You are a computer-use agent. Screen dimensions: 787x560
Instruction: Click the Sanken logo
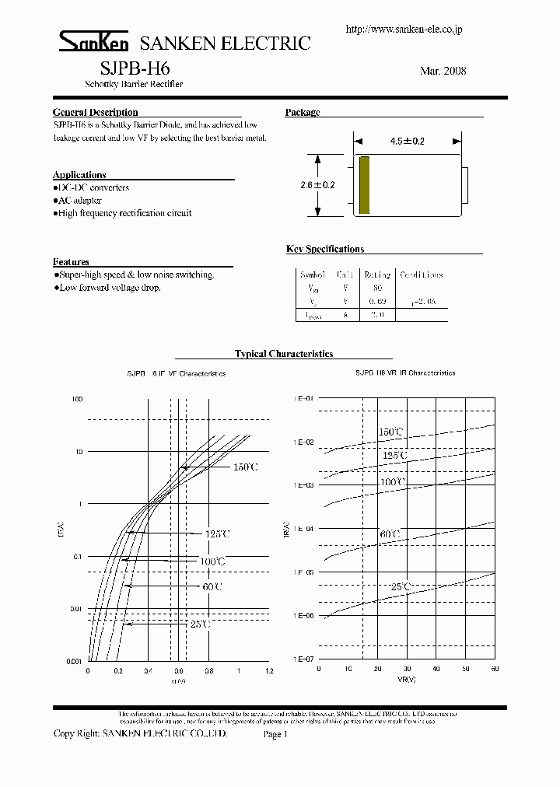click(86, 42)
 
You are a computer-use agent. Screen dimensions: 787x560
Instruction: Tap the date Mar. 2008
click(443, 71)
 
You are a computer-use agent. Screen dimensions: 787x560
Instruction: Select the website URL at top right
click(404, 30)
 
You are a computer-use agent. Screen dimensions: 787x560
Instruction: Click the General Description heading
click(95, 113)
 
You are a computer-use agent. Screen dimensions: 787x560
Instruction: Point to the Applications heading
click(79, 175)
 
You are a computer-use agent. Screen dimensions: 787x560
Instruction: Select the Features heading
click(71, 262)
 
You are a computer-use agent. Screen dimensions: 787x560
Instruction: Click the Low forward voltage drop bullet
click(109, 288)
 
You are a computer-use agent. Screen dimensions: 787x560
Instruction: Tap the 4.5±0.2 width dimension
click(408, 142)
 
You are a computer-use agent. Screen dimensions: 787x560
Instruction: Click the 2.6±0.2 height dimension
click(317, 185)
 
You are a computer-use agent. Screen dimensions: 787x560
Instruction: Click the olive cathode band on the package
click(364, 185)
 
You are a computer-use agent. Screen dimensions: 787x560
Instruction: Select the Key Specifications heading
click(325, 250)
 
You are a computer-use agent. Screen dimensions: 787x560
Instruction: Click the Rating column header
click(378, 275)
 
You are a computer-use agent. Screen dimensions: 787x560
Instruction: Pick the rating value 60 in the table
click(378, 289)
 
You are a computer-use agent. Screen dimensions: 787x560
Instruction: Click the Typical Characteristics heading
click(284, 354)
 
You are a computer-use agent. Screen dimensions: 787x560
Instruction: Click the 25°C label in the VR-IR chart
click(401, 587)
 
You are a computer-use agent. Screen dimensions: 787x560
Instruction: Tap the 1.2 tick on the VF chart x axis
click(269, 670)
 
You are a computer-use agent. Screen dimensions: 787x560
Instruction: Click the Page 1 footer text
click(276, 734)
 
